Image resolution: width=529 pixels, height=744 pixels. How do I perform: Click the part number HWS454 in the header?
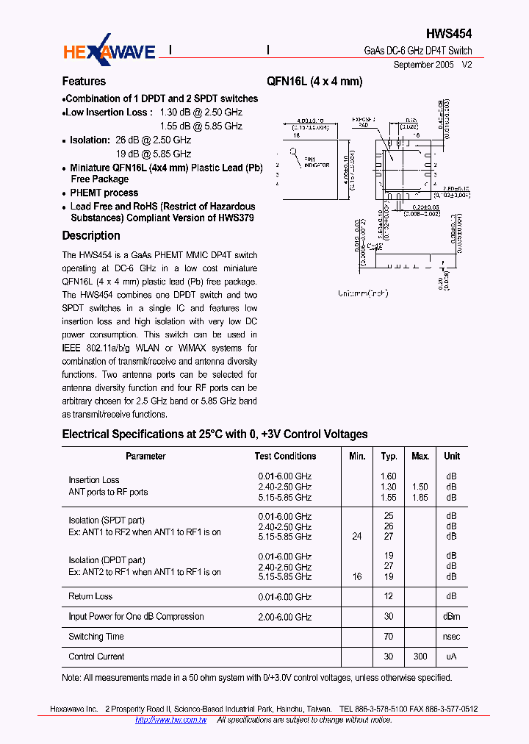tap(449, 34)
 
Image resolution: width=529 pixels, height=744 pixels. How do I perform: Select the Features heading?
tap(84, 82)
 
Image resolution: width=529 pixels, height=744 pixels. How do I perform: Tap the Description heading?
tap(91, 236)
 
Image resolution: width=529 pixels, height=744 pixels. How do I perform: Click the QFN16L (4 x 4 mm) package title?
tap(314, 82)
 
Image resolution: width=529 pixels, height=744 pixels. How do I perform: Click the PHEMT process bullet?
tap(104, 193)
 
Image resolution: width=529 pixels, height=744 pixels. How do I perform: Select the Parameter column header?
tap(145, 457)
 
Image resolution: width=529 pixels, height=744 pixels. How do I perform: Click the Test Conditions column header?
tap(285, 457)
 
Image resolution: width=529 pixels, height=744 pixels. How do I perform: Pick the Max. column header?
tap(420, 457)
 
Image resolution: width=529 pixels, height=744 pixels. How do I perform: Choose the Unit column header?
tap(452, 457)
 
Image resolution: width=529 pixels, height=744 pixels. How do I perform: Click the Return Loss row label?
tap(90, 597)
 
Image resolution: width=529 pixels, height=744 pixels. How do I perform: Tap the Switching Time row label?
tap(96, 637)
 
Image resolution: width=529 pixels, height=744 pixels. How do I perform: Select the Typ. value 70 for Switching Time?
tap(389, 637)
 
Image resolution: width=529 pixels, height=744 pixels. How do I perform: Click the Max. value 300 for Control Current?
tap(420, 657)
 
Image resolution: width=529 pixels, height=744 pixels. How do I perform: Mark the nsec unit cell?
tap(452, 637)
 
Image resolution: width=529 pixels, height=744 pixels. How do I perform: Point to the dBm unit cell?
tap(452, 617)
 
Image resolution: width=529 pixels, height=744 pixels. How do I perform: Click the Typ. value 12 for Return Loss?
tap(389, 597)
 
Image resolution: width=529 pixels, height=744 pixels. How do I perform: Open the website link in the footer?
tap(170, 720)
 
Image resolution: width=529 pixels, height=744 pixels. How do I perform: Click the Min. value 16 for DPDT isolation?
tap(357, 577)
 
